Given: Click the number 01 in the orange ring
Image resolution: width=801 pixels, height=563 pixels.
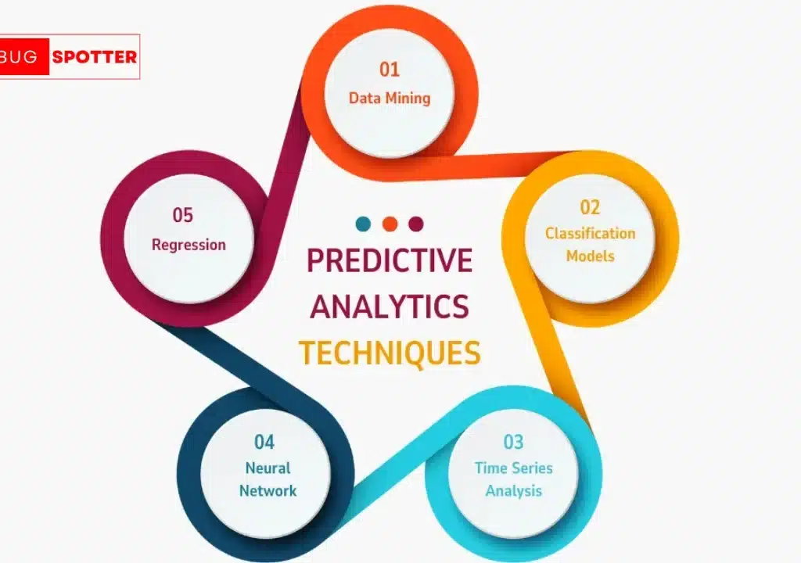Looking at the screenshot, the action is pyautogui.click(x=390, y=70).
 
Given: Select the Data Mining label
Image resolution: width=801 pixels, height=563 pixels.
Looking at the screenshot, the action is pyautogui.click(x=390, y=98).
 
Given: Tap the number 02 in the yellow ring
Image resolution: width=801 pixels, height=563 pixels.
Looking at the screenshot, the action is pyautogui.click(x=590, y=207).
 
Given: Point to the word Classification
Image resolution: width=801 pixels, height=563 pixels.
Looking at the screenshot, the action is pyautogui.click(x=590, y=233).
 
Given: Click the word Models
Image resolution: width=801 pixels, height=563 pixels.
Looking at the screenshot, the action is pyautogui.click(x=590, y=256).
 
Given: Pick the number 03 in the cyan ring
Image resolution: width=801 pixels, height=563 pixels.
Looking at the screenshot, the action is pyautogui.click(x=513, y=442).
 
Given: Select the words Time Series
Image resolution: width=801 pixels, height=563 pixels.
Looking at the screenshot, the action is pyautogui.click(x=513, y=468).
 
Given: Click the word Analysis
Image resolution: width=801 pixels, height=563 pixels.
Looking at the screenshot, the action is pyautogui.click(x=513, y=490).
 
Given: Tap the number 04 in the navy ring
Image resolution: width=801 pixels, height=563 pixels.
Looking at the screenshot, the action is pyautogui.click(x=264, y=442).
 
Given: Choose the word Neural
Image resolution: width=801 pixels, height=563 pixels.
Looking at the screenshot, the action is pyautogui.click(x=268, y=468).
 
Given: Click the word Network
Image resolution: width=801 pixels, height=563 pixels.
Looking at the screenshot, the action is pyautogui.click(x=268, y=490).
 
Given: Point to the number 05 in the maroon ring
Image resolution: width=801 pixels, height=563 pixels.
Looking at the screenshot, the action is pyautogui.click(x=183, y=215).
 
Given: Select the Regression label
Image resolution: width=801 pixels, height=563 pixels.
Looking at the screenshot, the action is pyautogui.click(x=189, y=245).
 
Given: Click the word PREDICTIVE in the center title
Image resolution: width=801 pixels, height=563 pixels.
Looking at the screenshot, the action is pyautogui.click(x=390, y=260).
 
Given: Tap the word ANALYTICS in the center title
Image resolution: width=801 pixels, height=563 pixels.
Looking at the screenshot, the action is pyautogui.click(x=390, y=307).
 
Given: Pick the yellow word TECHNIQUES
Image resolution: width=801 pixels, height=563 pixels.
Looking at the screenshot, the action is pyautogui.click(x=390, y=353).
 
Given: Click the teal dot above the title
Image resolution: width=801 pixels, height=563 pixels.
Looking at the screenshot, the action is pyautogui.click(x=363, y=224).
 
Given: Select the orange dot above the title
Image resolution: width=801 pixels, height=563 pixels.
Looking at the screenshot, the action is pyautogui.click(x=390, y=224).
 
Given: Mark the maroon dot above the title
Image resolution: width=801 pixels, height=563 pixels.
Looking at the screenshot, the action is pyautogui.click(x=416, y=224).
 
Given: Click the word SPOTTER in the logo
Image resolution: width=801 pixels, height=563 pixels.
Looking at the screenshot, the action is pyautogui.click(x=95, y=57).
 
